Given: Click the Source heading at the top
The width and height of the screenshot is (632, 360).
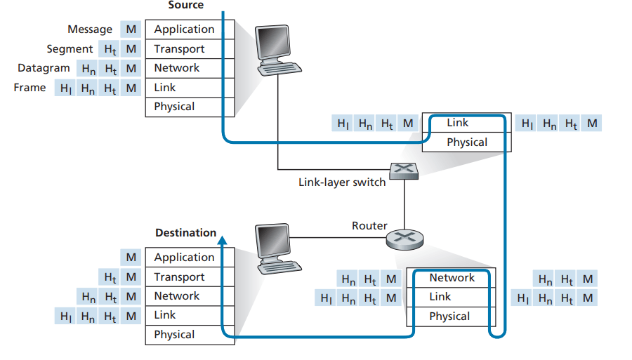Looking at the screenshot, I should tap(185, 6).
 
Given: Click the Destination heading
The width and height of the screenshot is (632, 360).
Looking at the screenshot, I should tap(185, 233).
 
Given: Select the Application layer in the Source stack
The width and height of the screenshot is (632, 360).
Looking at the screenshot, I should tap(184, 29).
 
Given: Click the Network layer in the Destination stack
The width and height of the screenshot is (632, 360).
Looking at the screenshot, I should tap(176, 296).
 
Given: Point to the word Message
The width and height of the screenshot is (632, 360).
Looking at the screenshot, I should tap(90, 29).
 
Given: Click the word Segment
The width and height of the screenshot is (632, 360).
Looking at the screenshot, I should tap(70, 49).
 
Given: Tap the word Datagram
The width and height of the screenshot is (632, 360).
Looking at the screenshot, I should tap(44, 68).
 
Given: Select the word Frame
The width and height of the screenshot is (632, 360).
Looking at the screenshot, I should tap(29, 88).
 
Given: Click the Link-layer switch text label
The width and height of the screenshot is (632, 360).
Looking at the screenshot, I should tap(342, 182).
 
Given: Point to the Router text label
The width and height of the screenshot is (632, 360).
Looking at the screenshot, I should tap(369, 226).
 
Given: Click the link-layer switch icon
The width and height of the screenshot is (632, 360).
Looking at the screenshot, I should tap(404, 171).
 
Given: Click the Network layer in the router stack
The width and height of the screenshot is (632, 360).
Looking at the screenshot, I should tap(452, 278).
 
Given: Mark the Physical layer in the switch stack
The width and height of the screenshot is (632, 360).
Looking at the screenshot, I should tap(466, 142).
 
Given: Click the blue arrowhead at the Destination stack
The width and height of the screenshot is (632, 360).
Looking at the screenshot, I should tap(223, 239).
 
